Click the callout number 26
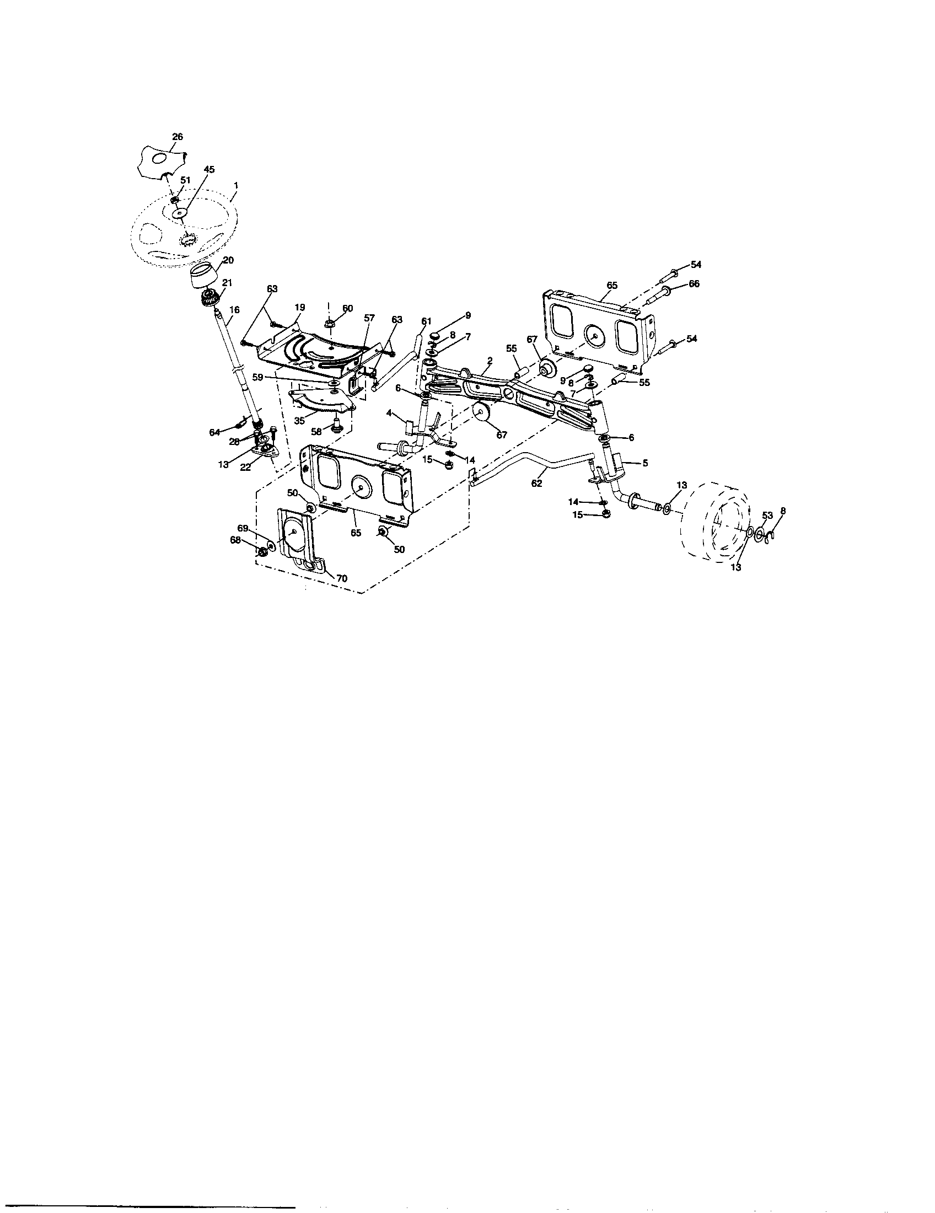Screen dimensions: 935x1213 178,137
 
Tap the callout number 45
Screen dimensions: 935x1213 210,169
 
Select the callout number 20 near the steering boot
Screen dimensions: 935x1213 228,260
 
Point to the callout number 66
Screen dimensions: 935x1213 694,284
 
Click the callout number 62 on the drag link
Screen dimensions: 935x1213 536,484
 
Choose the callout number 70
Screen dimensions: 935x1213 341,578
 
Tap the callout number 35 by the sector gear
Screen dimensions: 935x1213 299,421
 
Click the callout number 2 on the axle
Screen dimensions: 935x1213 490,360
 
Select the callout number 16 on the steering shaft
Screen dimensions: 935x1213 234,310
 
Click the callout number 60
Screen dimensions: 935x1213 347,308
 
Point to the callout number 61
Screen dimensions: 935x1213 426,321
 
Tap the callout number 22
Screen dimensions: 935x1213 245,468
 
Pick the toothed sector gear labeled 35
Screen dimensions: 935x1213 322,401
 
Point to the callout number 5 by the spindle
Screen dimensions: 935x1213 644,463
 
